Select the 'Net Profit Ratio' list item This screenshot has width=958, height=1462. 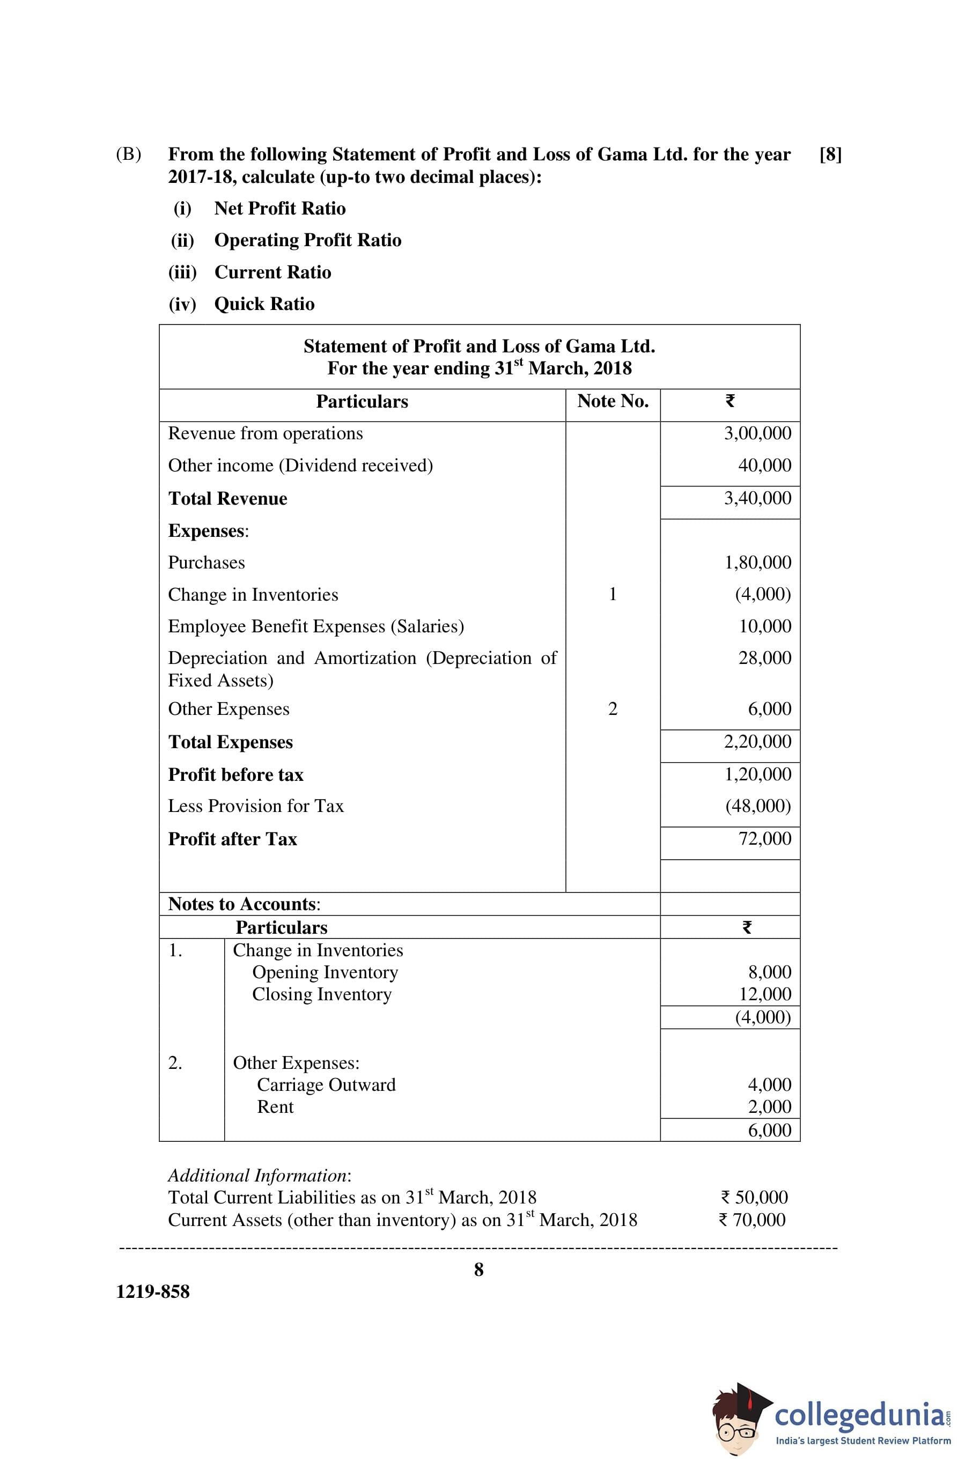click(279, 208)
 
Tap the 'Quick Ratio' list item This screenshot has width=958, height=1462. click(264, 304)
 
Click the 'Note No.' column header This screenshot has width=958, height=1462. click(613, 401)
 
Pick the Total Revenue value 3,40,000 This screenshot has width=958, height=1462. click(757, 498)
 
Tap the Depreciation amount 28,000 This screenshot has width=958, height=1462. click(764, 658)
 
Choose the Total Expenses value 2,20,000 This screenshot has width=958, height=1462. click(757, 741)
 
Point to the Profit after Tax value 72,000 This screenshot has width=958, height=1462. click(764, 838)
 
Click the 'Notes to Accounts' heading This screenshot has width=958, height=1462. click(244, 904)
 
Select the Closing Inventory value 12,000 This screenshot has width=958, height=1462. click(764, 993)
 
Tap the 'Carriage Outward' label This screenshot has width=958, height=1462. click(326, 1084)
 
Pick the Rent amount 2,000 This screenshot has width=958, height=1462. click(769, 1106)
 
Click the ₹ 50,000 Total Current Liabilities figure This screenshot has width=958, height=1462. click(754, 1197)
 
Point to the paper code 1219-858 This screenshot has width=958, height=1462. click(153, 1291)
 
